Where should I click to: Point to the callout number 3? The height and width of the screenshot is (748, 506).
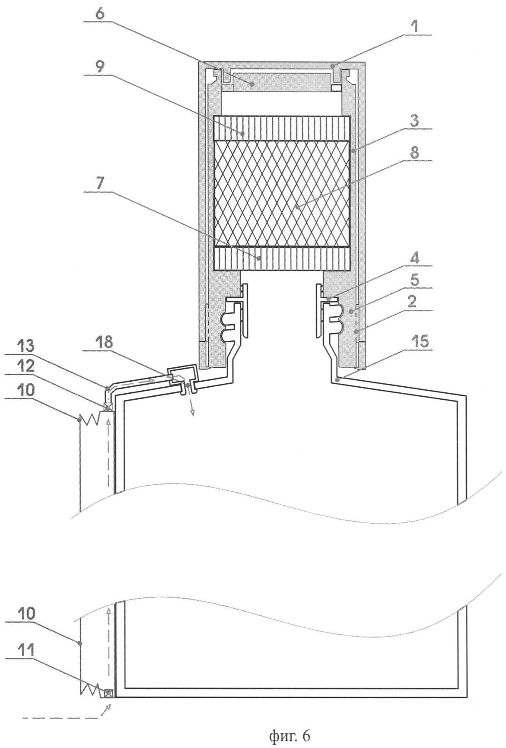(414, 121)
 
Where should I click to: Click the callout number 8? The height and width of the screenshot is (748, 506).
(414, 153)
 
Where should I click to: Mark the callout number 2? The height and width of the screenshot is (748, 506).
(414, 302)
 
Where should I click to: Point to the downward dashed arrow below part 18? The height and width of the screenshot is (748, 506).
(191, 406)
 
